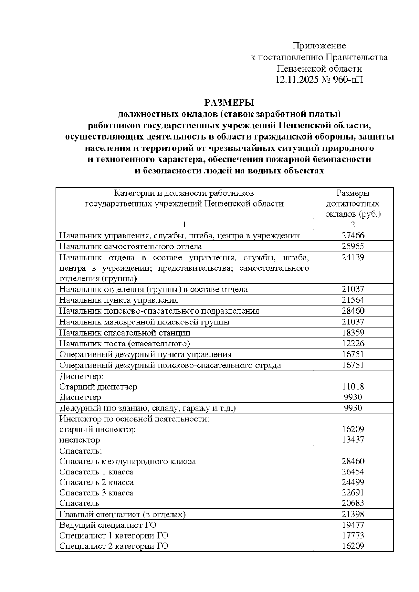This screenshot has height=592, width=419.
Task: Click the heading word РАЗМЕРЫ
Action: [x=229, y=103]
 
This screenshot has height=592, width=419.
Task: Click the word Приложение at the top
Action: [x=319, y=46]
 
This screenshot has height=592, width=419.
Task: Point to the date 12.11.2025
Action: [x=297, y=80]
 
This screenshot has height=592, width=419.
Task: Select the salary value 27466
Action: [x=353, y=235]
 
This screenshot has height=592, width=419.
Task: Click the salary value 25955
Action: [x=353, y=246]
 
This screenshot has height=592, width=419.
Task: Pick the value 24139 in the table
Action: [x=353, y=257]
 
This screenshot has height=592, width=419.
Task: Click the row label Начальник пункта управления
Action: [x=119, y=300]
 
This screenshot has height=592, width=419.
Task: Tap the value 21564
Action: [x=353, y=300]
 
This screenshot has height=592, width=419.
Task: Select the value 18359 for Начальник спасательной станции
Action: [x=353, y=332]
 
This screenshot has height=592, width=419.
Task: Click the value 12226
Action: [x=353, y=343]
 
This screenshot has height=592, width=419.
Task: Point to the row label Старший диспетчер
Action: [x=98, y=387]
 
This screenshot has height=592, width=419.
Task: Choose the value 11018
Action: [x=353, y=387]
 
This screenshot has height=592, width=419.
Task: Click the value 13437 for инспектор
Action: [x=353, y=440]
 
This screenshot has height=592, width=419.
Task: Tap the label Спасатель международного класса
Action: [x=127, y=461]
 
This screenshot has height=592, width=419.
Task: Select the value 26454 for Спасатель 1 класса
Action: [x=353, y=472]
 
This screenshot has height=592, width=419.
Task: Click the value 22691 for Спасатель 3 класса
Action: [x=353, y=493]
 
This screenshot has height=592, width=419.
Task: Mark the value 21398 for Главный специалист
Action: [x=353, y=514]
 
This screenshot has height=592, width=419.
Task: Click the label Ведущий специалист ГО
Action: [x=108, y=525]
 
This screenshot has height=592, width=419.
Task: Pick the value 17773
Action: [x=353, y=535]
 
